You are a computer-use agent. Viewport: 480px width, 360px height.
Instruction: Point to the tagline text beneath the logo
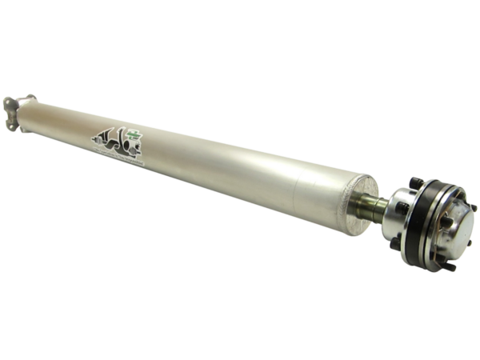click(x=120, y=156)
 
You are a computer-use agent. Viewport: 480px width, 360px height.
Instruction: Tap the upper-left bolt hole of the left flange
click(x=7, y=102)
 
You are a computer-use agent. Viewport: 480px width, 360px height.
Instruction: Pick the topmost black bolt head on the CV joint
click(x=416, y=183)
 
